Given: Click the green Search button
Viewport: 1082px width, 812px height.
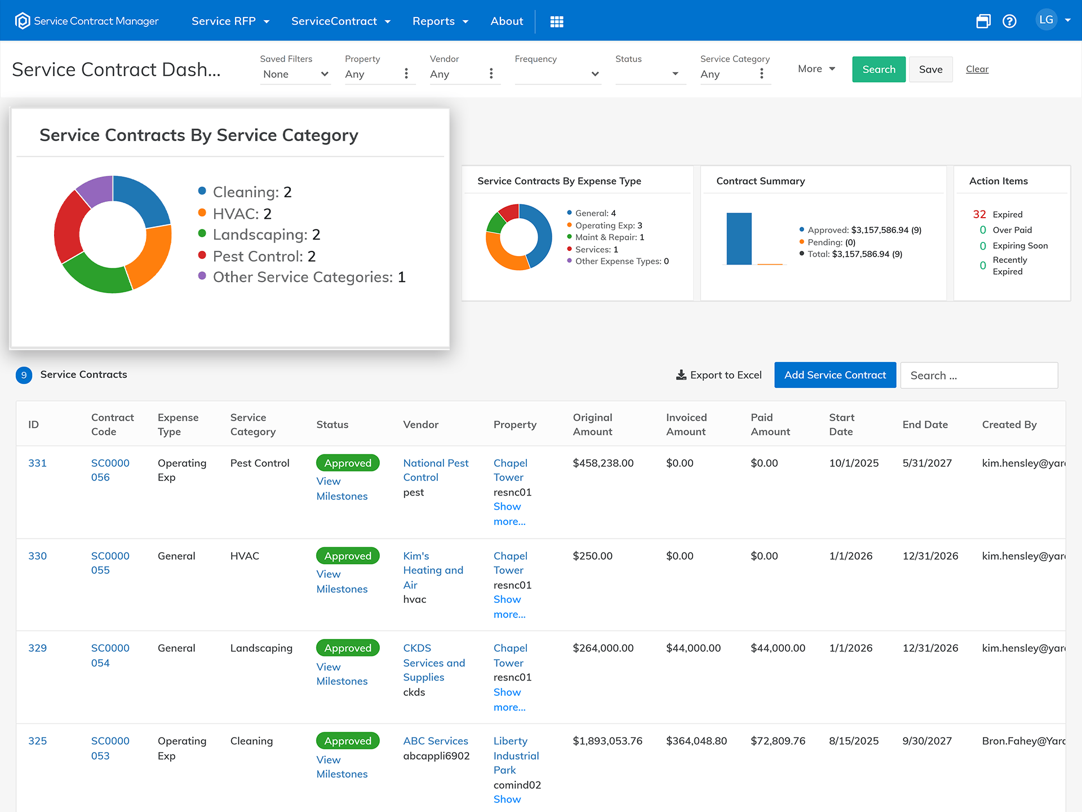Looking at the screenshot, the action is [879, 69].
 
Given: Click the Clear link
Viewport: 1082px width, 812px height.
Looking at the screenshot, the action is [977, 69].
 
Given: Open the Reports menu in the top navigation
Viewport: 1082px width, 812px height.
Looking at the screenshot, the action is [440, 21].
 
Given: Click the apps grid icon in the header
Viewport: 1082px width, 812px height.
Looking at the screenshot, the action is [557, 21].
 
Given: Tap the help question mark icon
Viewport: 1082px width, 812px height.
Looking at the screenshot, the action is [1009, 21].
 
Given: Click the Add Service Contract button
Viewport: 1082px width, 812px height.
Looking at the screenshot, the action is [835, 375].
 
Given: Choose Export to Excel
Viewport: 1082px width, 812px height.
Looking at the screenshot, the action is [719, 375].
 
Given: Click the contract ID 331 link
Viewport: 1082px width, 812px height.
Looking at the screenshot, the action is [38, 463].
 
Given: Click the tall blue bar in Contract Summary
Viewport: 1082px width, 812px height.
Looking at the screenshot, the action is [739, 239].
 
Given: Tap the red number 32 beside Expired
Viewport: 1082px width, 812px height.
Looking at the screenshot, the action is [979, 214].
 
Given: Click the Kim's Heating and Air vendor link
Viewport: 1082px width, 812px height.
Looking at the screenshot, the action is [433, 570].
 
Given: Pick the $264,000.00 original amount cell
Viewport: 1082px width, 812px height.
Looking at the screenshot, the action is [603, 648].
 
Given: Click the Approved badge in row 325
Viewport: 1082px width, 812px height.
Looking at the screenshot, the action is [348, 741].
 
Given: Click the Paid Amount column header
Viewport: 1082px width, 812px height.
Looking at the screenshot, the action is [770, 425].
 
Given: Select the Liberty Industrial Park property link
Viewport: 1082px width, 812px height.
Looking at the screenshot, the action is [516, 756].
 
